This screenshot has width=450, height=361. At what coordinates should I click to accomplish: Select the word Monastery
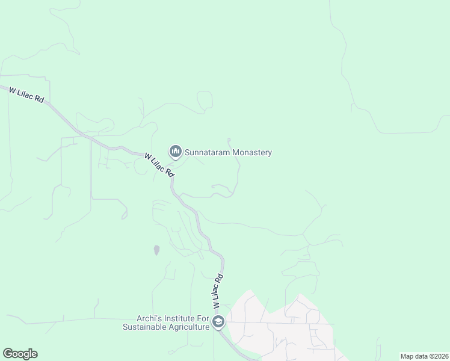253,153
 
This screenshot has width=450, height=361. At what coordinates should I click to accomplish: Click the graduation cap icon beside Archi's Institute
218,322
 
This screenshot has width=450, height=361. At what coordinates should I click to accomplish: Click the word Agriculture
190,327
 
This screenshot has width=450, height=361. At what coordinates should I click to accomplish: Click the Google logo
20,354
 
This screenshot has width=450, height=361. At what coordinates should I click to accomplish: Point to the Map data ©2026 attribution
424,356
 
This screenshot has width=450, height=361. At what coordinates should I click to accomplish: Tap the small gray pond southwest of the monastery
157,249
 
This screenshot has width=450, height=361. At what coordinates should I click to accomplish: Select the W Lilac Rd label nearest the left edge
26,94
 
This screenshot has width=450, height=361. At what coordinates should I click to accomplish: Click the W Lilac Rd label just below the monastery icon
159,164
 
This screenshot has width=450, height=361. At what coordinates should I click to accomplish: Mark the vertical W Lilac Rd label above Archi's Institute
218,291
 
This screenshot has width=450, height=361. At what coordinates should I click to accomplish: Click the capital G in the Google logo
8,354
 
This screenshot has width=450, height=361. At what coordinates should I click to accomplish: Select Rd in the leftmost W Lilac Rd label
39,99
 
